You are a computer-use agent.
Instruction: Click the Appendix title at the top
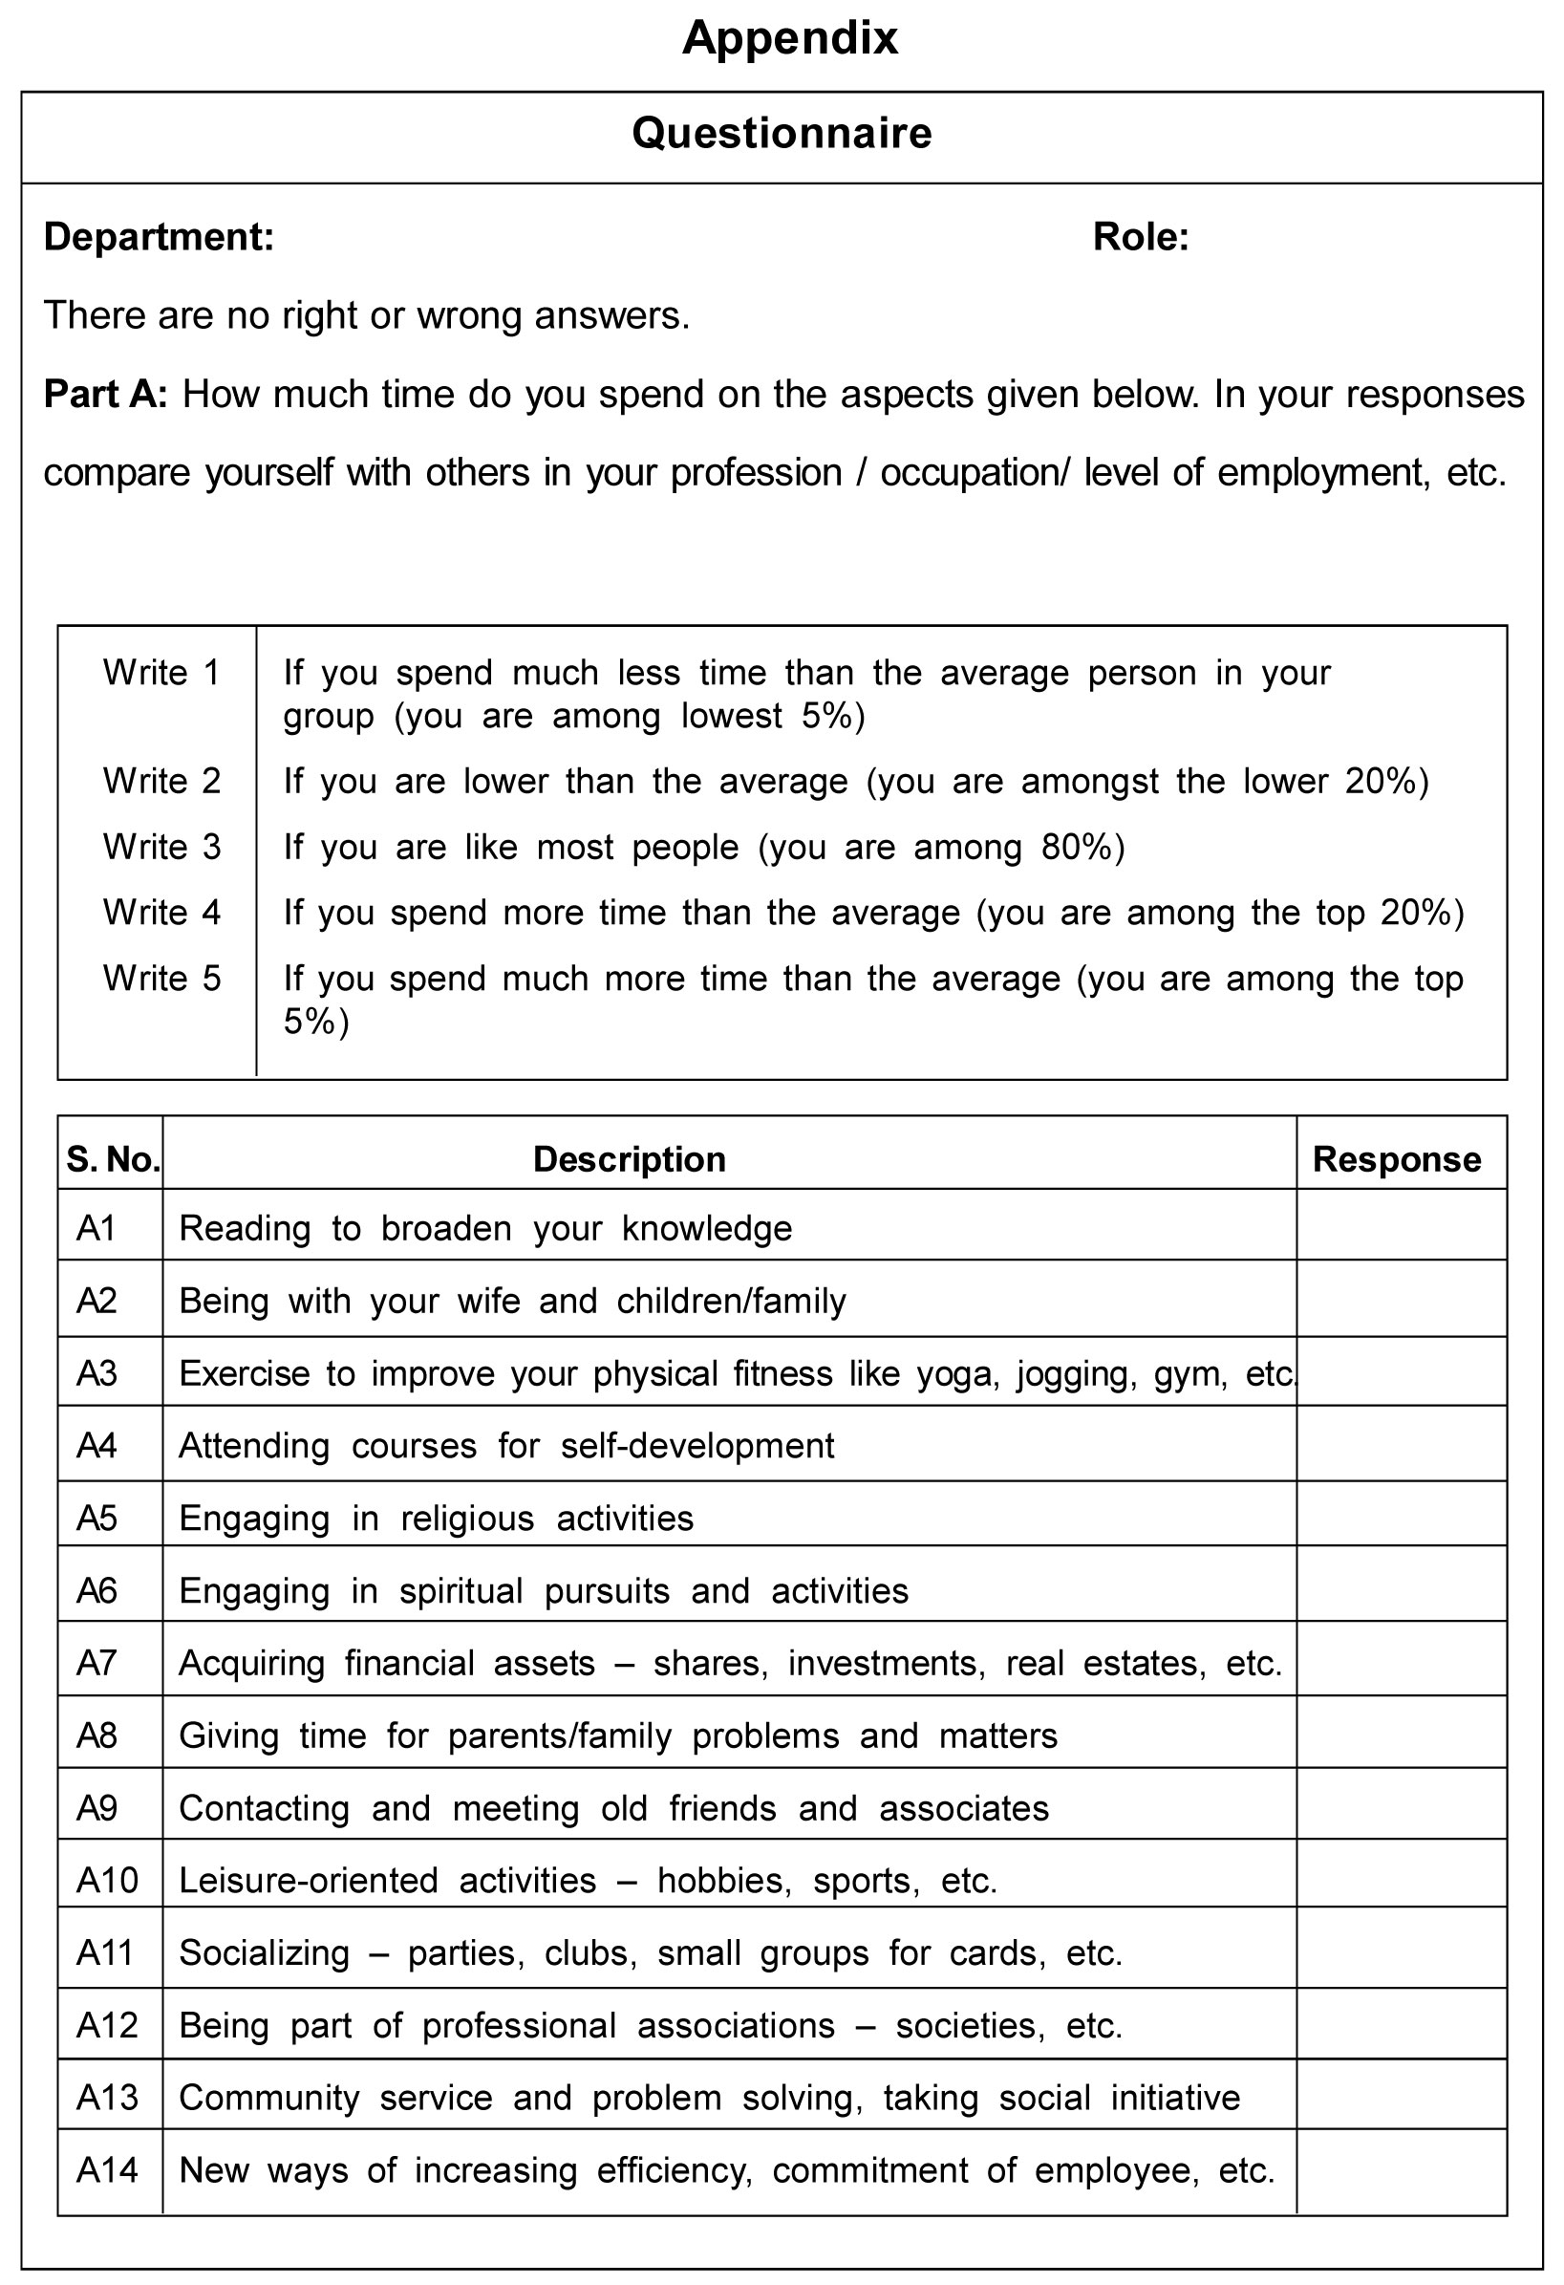[789, 39]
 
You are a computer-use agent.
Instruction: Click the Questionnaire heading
[782, 134]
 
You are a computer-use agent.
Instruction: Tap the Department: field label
[159, 237]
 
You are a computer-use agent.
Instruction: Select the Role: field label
[1141, 237]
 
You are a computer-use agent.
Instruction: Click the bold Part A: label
[105, 395]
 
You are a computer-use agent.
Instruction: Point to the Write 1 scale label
[161, 673]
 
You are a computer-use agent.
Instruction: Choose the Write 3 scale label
[161, 847]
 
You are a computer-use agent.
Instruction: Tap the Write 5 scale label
[161, 979]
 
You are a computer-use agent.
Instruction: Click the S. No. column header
[112, 1160]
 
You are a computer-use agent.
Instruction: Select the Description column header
[630, 1160]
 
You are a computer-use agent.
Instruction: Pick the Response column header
[1396, 1160]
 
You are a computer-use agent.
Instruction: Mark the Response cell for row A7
[1400, 1663]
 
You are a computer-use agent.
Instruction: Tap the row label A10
[107, 1881]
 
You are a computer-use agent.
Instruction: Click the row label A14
[107, 2170]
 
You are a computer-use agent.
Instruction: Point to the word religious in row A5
[467, 1520]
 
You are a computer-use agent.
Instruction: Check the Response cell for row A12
[1400, 2025]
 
